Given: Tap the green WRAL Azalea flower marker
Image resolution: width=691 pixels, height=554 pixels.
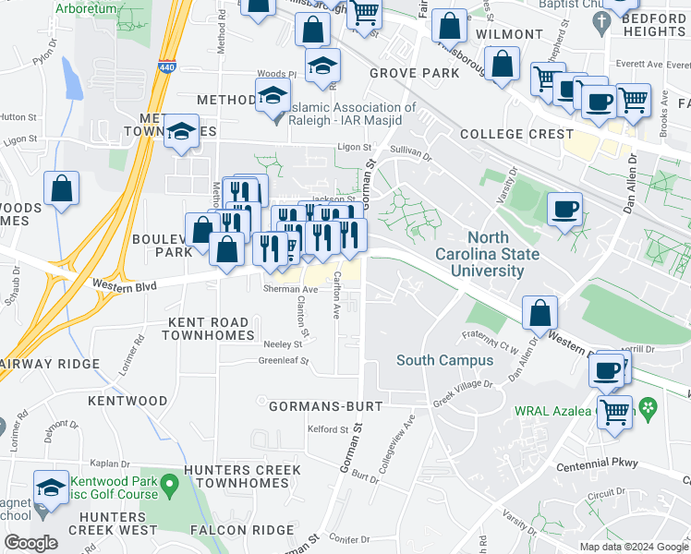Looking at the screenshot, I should coord(649,406).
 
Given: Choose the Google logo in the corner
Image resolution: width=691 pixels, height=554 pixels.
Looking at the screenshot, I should coord(30,542).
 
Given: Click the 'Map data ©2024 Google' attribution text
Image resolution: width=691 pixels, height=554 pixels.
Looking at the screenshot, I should coord(634,547).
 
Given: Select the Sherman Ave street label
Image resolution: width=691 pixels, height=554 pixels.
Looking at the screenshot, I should coord(292,289).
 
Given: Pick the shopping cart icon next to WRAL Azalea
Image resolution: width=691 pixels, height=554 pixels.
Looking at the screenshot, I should coord(613,411).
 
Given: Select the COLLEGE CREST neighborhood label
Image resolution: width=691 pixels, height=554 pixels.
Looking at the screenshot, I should coord(516,134).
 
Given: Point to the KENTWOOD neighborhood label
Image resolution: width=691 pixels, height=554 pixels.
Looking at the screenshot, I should coord(127,402).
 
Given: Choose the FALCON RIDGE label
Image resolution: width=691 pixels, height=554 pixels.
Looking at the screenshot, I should coord(230,530).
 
